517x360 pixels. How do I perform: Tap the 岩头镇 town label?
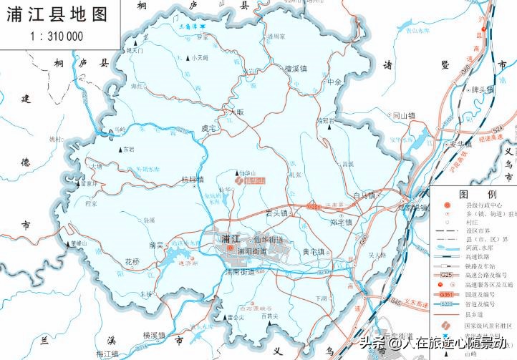coord(276,213)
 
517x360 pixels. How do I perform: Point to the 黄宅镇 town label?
coord(313,252)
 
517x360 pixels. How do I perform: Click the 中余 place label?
coord(334,82)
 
